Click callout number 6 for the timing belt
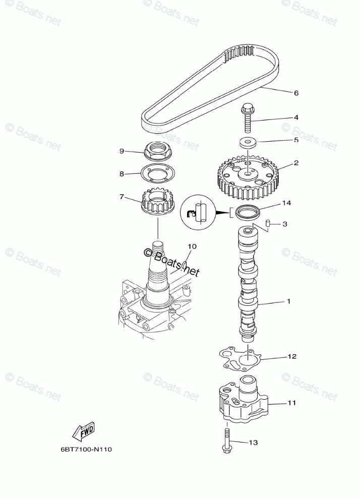tap(296, 93)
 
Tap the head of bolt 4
tap(248, 108)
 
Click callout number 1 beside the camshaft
tap(289, 301)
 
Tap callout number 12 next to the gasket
tap(291, 356)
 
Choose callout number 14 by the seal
tap(286, 203)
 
